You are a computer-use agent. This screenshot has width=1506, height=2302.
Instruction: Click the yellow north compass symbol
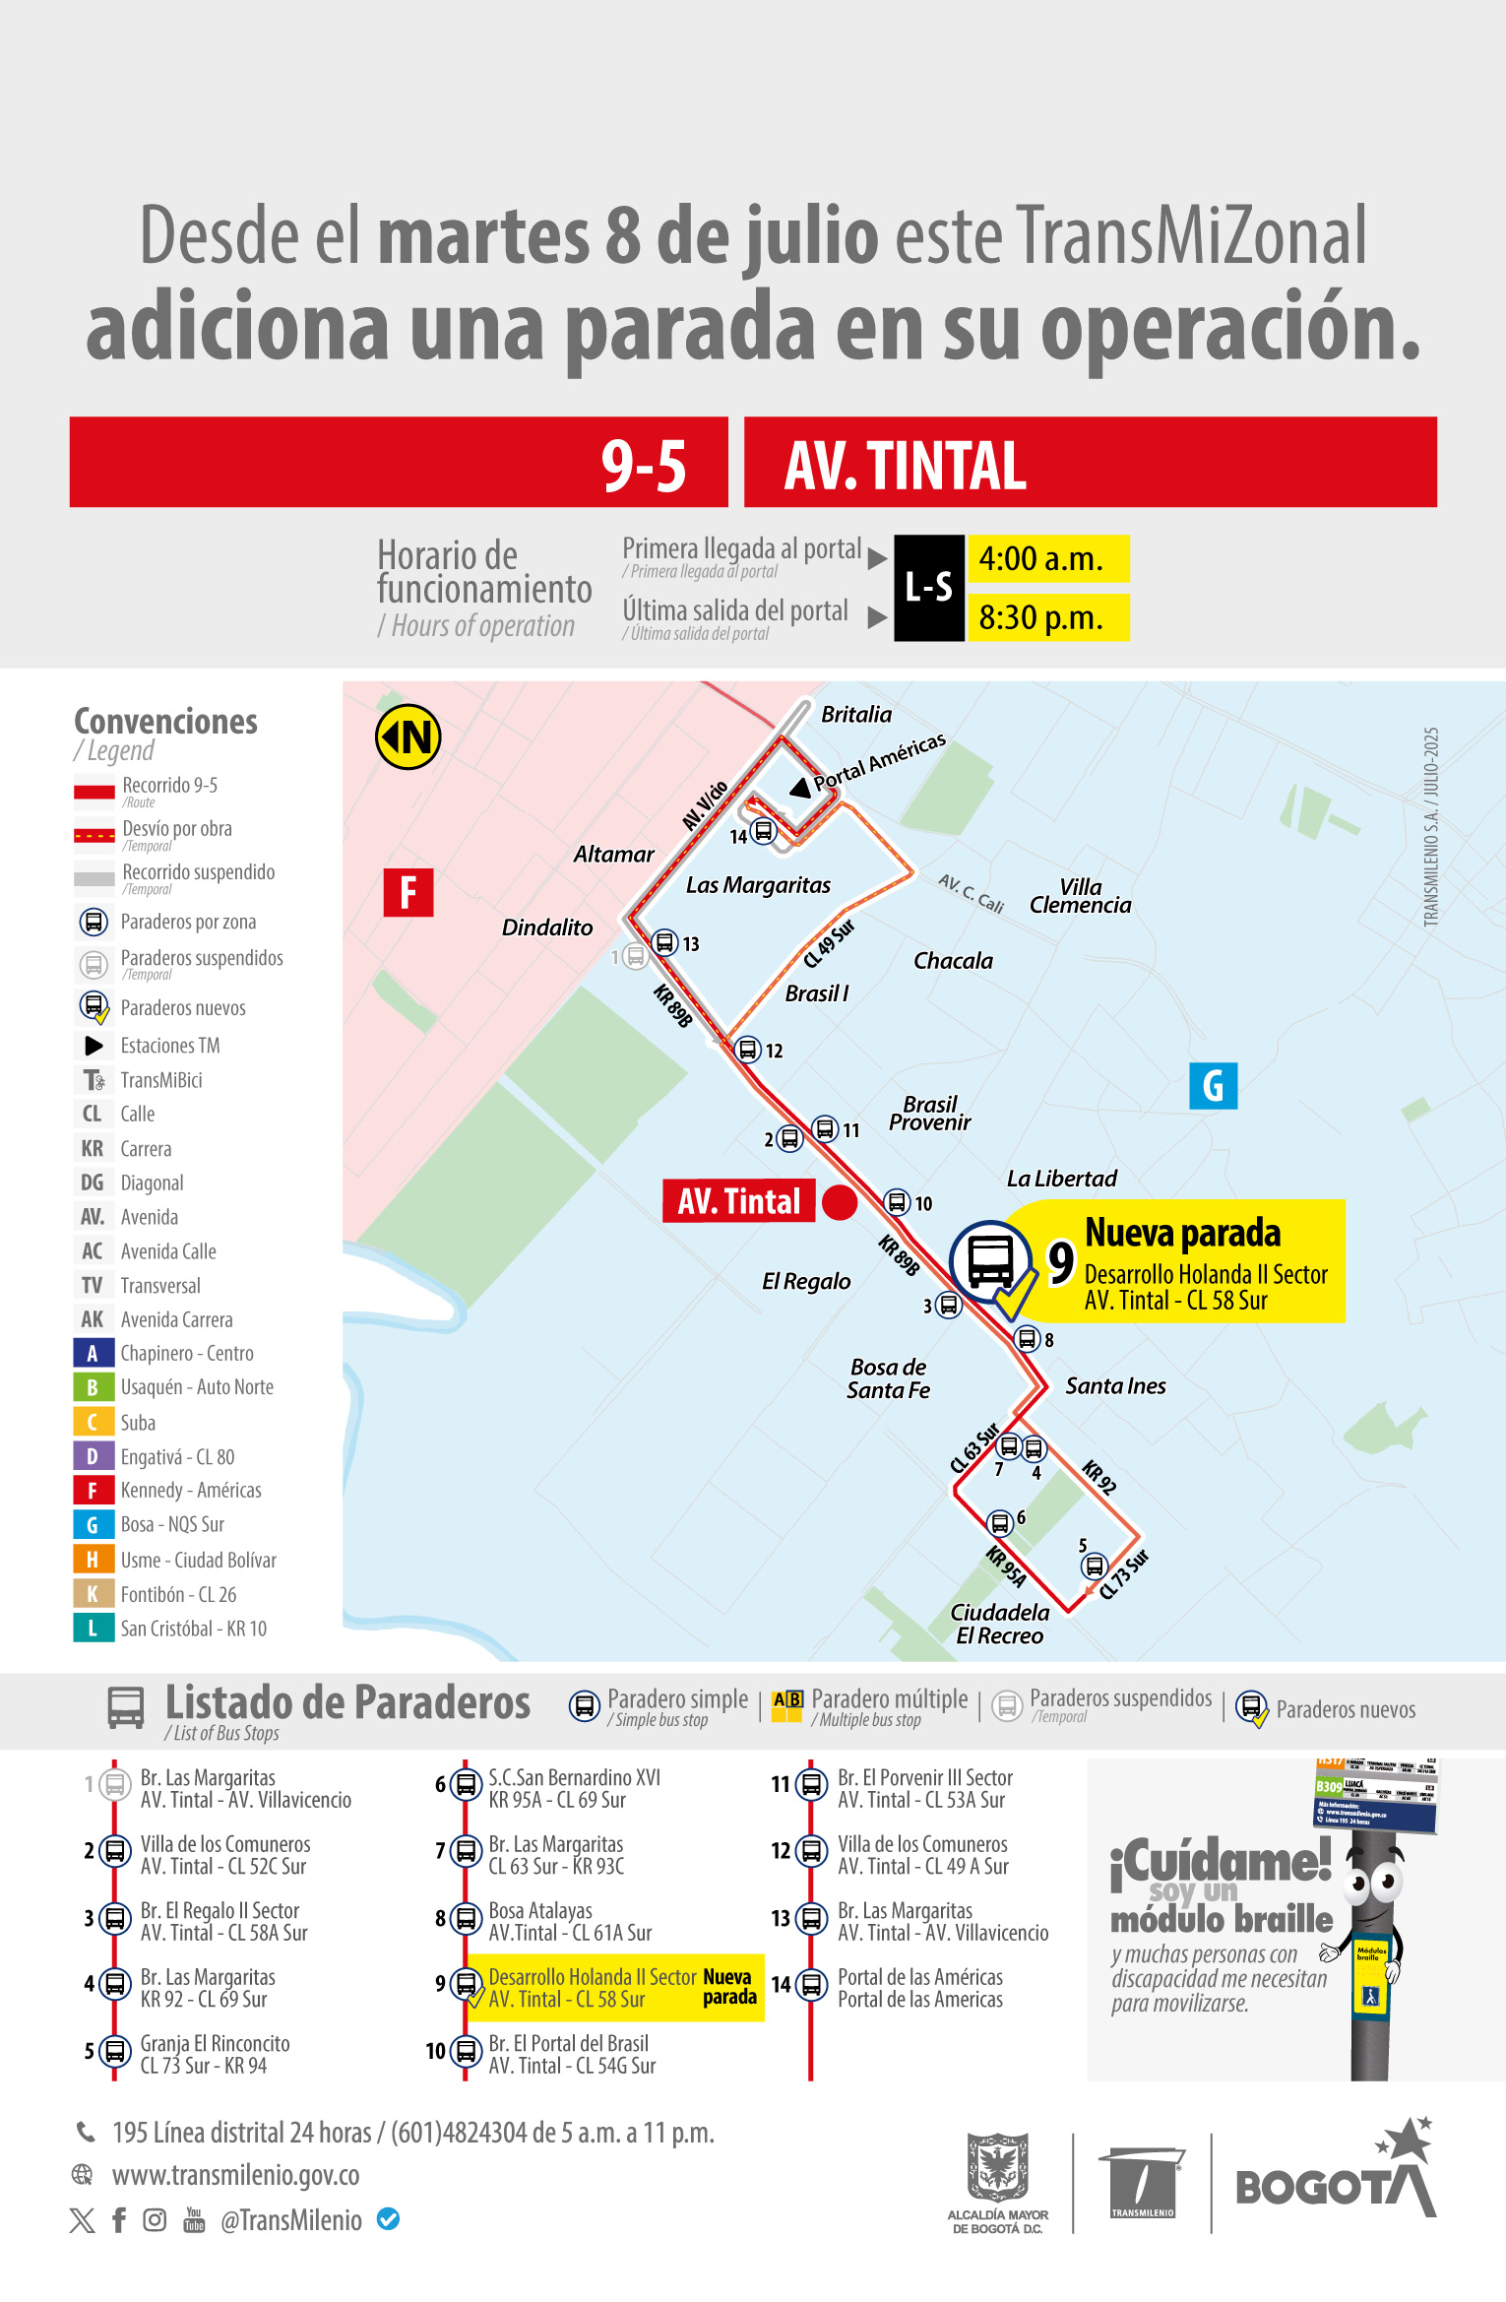pos(408,736)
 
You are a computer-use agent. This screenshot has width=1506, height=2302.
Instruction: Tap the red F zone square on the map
pos(408,893)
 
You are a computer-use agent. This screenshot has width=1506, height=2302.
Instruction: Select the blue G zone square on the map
pos(1213,1086)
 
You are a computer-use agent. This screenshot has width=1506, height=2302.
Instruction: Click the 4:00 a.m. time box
pos(1047,559)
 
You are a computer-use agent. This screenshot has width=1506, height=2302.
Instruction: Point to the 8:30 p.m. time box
pos(1047,618)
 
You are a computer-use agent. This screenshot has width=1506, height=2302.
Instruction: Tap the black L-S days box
pos(928,588)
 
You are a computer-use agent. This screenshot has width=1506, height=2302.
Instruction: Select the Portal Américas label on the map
pos(879,762)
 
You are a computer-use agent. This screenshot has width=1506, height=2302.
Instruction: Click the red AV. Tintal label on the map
pos(739,1201)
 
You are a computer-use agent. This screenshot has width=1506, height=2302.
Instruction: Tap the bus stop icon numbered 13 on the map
pos(665,942)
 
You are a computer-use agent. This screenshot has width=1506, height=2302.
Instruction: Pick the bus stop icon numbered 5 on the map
pos(1094,1566)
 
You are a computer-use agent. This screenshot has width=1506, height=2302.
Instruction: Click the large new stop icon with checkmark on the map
pos(991,1263)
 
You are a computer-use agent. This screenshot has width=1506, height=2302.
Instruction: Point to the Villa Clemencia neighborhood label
pos(1080,896)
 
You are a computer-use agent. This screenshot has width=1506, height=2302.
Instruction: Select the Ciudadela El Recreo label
pos(999,1624)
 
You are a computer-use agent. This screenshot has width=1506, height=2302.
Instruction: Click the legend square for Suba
pos(92,1422)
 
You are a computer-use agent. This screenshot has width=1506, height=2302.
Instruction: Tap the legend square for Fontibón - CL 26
pos(92,1594)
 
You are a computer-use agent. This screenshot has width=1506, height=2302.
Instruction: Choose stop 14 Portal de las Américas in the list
pos(919,1988)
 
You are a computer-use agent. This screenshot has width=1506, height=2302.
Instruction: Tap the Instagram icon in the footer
pos(155,2219)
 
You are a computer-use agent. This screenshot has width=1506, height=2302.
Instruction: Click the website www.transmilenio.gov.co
pos(235,2174)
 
